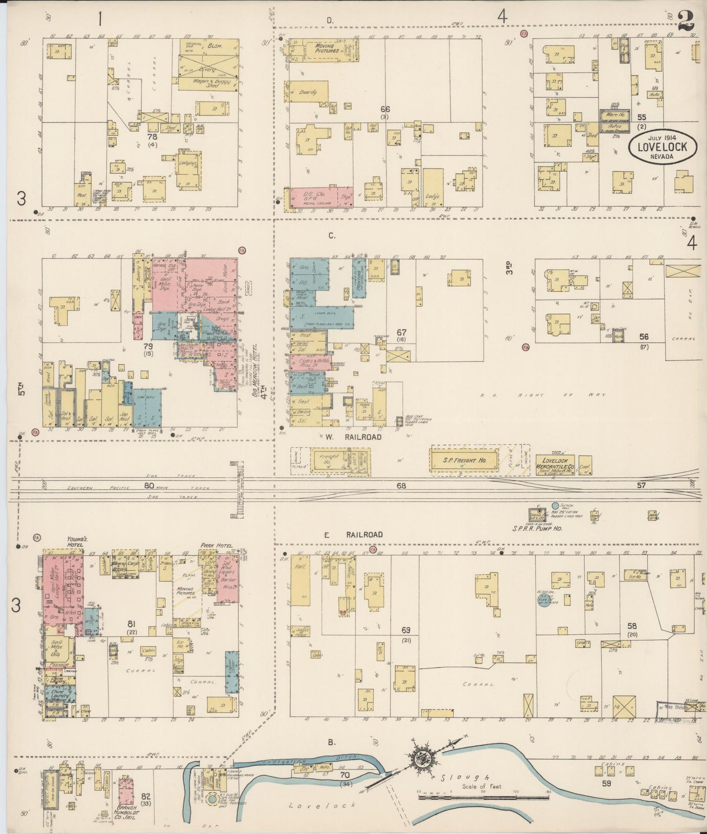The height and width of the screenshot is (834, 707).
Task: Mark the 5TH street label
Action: point(21,392)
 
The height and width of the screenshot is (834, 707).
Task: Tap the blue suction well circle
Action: point(555,506)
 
